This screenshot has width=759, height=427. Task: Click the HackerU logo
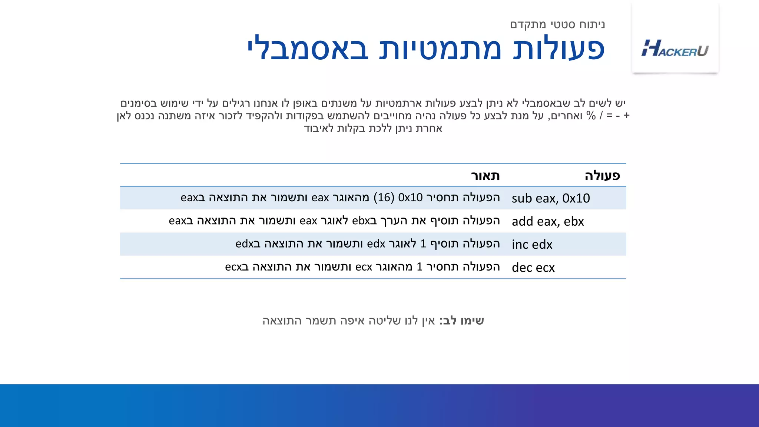click(675, 49)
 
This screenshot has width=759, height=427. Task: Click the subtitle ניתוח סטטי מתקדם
click(557, 24)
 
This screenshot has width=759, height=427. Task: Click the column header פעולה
click(602, 175)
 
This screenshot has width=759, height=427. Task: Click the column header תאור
click(485, 175)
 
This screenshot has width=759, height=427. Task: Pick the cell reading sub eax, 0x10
click(551, 198)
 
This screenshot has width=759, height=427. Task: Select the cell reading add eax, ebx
click(548, 221)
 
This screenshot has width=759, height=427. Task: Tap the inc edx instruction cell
click(532, 245)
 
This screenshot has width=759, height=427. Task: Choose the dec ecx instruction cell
click(533, 268)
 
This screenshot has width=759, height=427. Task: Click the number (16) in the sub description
click(384, 198)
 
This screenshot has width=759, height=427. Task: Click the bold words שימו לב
click(464, 321)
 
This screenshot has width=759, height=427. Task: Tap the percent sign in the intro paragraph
click(591, 116)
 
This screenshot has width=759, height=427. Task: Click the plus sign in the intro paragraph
click(627, 116)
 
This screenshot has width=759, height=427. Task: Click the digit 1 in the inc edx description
click(423, 244)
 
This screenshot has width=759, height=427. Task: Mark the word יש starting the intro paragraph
click(620, 103)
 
